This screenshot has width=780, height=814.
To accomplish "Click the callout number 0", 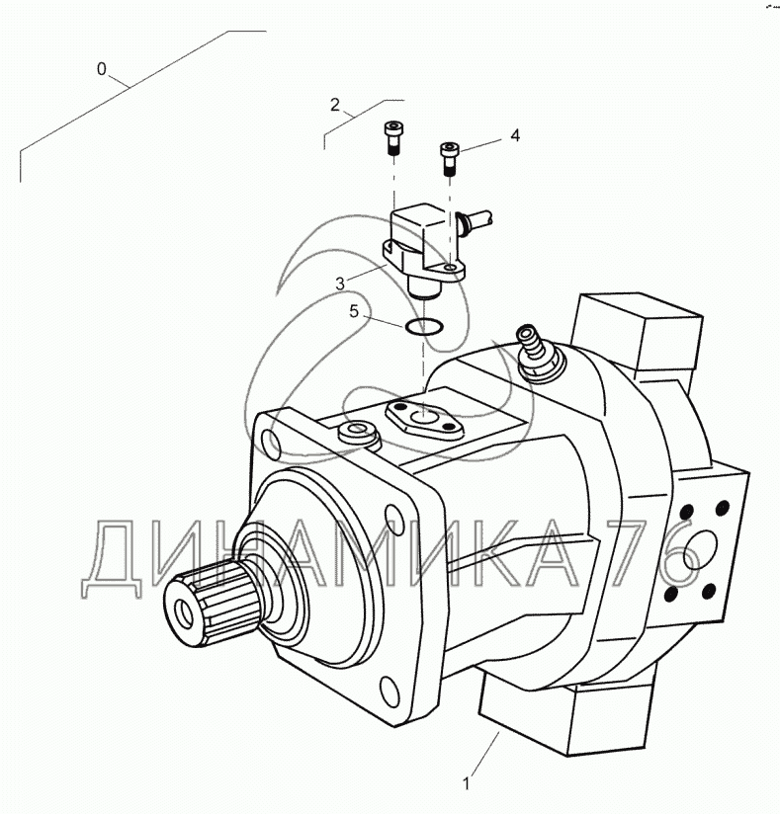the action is click(x=102, y=68).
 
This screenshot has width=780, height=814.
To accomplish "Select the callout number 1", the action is click(x=467, y=783).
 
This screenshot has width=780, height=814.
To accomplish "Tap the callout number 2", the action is click(x=335, y=105).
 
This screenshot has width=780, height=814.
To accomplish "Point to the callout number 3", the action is click(x=340, y=284).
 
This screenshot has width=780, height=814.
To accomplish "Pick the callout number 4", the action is click(x=514, y=135).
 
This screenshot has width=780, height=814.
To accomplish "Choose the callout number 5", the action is click(x=354, y=311).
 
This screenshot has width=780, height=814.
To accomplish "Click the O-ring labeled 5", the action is click(x=424, y=328).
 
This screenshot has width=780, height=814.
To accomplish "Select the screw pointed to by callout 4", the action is click(x=450, y=159).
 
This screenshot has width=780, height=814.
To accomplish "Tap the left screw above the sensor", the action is click(x=392, y=137).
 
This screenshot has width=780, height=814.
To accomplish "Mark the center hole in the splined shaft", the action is click(x=185, y=613).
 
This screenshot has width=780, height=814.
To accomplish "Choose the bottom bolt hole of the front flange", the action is click(x=390, y=690).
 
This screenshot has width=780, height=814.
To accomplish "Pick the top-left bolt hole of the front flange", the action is click(x=271, y=442).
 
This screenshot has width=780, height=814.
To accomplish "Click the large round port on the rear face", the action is click(x=698, y=545).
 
